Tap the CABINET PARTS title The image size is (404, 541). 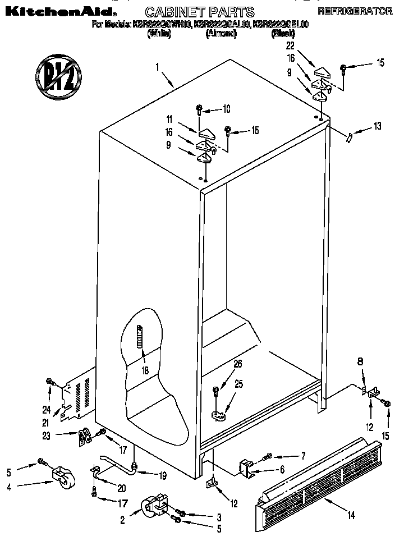coord(200,12)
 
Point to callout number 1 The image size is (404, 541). coord(158,67)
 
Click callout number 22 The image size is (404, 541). coord(290,45)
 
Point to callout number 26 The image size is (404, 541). coord(238,364)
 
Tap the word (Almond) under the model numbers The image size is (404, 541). coord(221,34)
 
